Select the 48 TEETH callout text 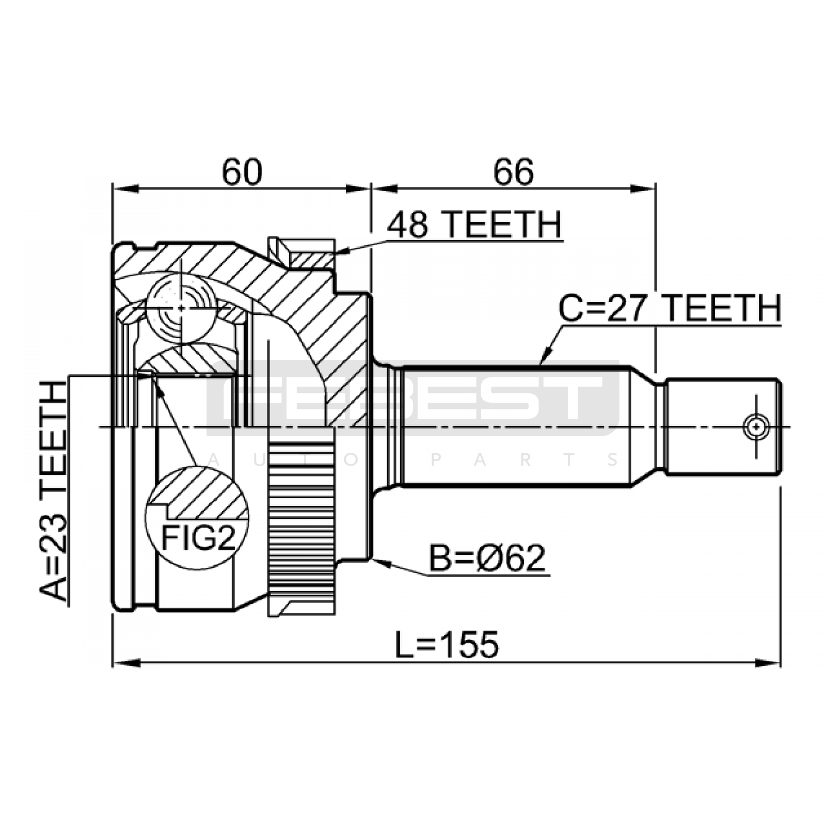474,225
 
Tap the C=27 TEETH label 670,308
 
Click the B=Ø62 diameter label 487,558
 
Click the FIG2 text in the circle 198,538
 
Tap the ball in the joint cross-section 181,308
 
